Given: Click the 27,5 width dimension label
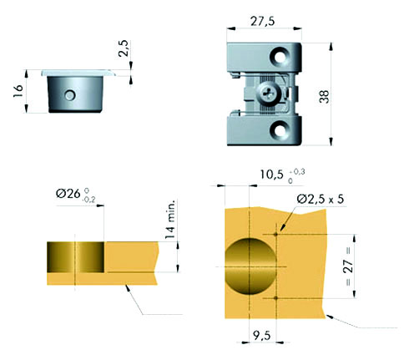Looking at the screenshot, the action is coord(262,21).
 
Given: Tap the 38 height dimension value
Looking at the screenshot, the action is coord(324,97).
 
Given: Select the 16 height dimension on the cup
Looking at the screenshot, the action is coord(18,91).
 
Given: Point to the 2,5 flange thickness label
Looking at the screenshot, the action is coord(124,48).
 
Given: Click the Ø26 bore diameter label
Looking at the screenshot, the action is coord(68,193).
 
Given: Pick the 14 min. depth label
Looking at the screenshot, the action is coord(170,219).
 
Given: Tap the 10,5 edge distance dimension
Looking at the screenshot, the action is coord(271,175).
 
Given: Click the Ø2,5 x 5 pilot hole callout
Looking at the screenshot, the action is coord(321,199).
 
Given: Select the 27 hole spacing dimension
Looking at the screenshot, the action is coord(349,266).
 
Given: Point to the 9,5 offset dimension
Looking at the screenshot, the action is coord(262,336).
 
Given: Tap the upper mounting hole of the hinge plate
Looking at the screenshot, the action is coord(279,56).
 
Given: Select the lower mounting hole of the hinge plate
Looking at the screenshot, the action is coord(279,129).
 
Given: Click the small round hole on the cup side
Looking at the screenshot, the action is coord(70,95).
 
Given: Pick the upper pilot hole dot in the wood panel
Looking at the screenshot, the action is coord(276,234).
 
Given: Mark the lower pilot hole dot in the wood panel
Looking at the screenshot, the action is coord(276,298).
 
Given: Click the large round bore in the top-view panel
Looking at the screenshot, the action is coord(250,266).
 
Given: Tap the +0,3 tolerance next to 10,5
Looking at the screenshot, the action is coord(297,172).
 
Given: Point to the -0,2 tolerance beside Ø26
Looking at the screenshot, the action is coord(89,200).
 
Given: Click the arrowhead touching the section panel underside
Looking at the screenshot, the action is coord(128,288).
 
